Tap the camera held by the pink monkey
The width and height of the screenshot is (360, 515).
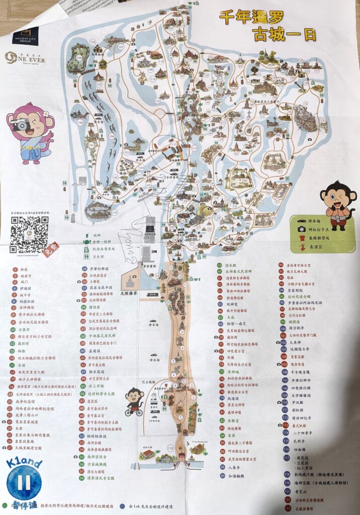[21, 125]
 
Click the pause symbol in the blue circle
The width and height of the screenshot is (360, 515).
[23, 483]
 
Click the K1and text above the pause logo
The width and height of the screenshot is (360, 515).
[24, 463]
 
